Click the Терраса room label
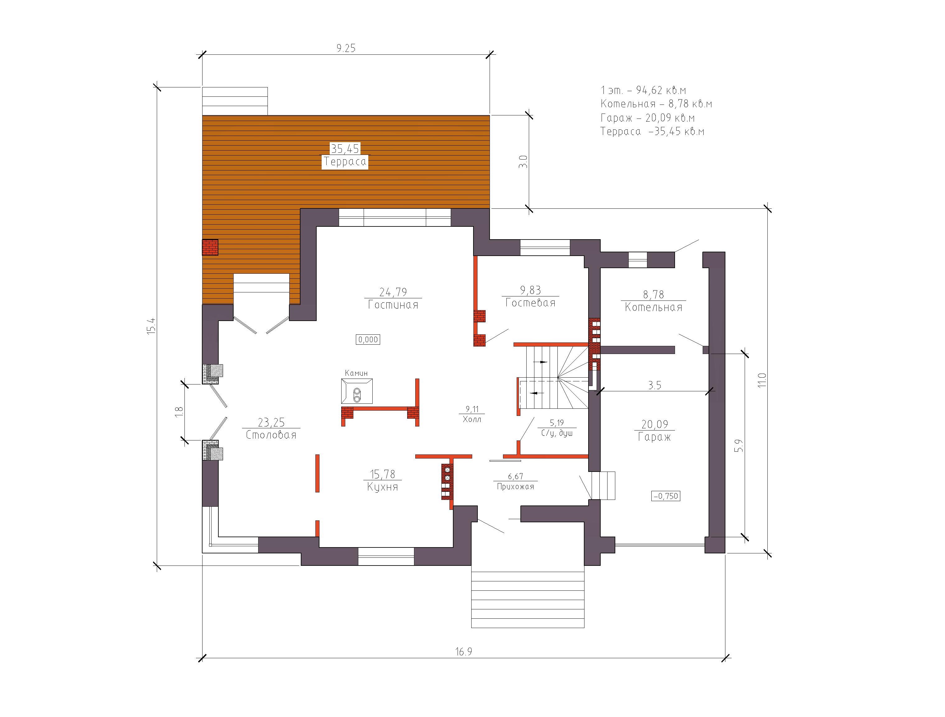[x=345, y=161]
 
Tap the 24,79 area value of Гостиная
[x=393, y=292]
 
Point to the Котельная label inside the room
[x=653, y=307]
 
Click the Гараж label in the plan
[x=654, y=437]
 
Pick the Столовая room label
[x=271, y=435]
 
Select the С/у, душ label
[x=557, y=433]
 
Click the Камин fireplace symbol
[x=357, y=391]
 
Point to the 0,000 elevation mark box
[x=368, y=340]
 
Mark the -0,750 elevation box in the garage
[x=666, y=496]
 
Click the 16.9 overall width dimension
[x=463, y=652]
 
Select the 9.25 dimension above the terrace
[x=346, y=48]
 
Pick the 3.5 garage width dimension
[x=654, y=385]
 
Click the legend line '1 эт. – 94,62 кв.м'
[x=643, y=90]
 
